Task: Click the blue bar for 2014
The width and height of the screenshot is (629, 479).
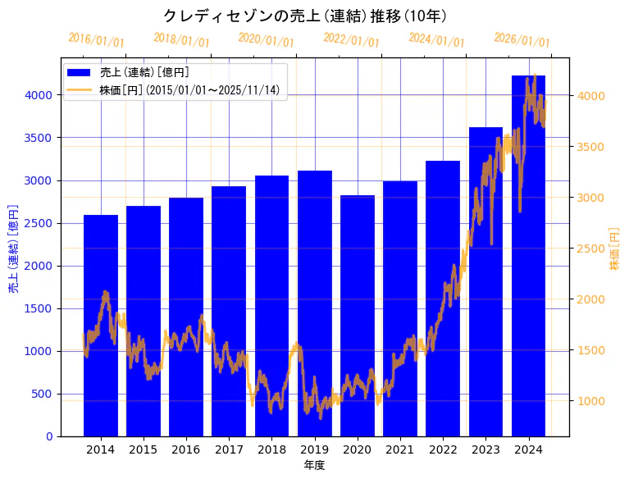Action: click(x=101, y=328)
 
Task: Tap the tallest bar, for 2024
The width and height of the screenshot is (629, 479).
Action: click(x=528, y=254)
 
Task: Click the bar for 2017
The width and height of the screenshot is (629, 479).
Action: click(x=229, y=312)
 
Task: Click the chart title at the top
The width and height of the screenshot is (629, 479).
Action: click(x=304, y=16)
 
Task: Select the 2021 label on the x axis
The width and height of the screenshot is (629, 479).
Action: click(x=400, y=449)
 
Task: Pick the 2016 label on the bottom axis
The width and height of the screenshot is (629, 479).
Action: click(x=186, y=449)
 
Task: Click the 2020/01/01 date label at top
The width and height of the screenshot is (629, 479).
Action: click(x=266, y=39)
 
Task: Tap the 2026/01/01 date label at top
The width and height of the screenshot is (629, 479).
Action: click(x=522, y=39)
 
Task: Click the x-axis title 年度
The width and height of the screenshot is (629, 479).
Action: click(x=314, y=466)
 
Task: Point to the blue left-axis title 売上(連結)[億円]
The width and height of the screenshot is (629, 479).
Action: click(x=13, y=249)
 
